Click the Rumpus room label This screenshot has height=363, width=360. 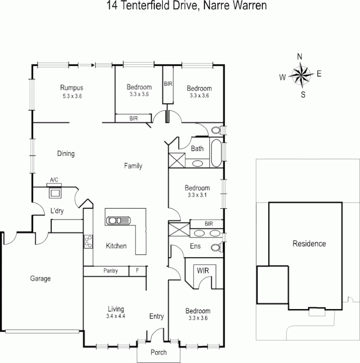coord(72,88)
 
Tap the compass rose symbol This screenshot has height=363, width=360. coord(300,75)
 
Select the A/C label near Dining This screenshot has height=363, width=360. coord(54,180)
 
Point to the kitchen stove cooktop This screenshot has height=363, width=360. coord(88,241)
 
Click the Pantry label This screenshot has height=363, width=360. coord(110,271)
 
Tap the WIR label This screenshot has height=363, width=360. coord(202,270)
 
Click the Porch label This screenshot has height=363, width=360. coord(158,352)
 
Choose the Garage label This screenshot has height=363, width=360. coord(40,279)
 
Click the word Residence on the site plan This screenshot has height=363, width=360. coord(309,244)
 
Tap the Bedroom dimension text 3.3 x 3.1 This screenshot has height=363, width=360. coord(197,195)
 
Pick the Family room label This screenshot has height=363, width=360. coord(133,166)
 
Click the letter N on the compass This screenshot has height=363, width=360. coord(300,57)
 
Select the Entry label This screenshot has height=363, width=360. coord(156,316)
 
